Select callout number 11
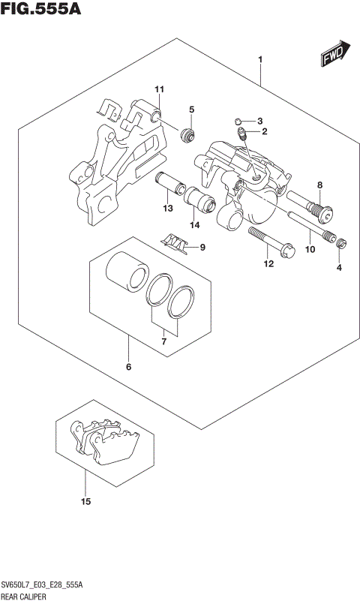[x=159, y=90]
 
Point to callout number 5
[x=191, y=110]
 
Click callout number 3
[x=259, y=121]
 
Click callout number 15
[x=85, y=501]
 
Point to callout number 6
[x=128, y=367]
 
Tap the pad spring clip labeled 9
[x=173, y=242]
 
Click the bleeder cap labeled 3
[x=236, y=121]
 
